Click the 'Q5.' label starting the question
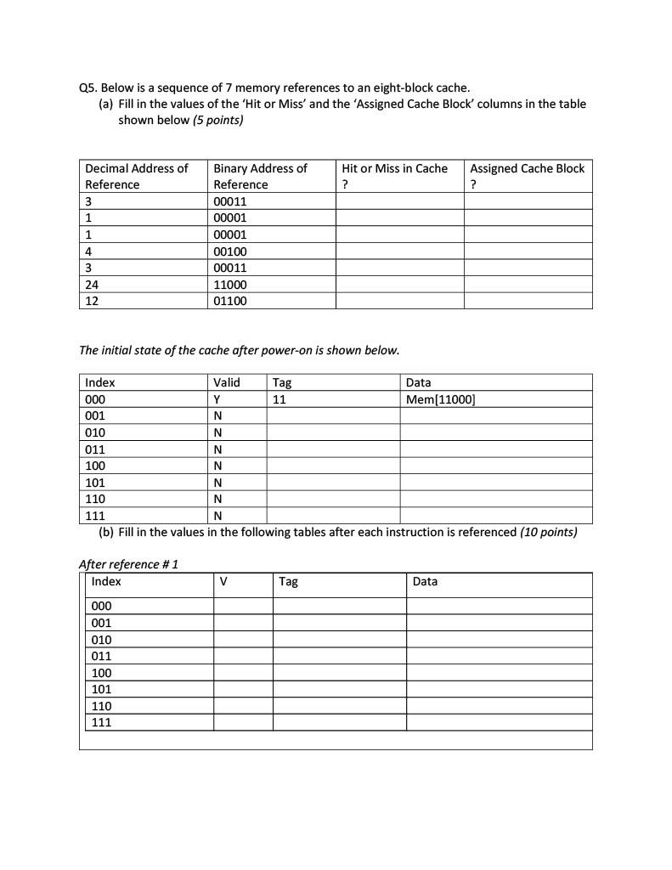point(88,88)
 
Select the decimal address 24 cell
point(92,285)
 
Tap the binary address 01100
point(229,301)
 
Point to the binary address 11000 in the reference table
point(229,285)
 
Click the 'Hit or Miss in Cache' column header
point(394,169)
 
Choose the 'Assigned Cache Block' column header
point(527,169)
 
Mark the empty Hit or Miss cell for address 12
point(399,301)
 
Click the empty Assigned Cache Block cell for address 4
point(528,251)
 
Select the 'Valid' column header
point(227,382)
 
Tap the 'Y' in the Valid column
point(217,399)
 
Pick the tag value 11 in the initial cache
point(280,399)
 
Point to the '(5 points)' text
point(218,120)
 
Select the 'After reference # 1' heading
point(128,564)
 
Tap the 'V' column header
point(223,582)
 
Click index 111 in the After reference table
point(101,722)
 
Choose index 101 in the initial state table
point(95,483)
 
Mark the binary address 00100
point(229,251)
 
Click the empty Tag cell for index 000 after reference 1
point(339,606)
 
